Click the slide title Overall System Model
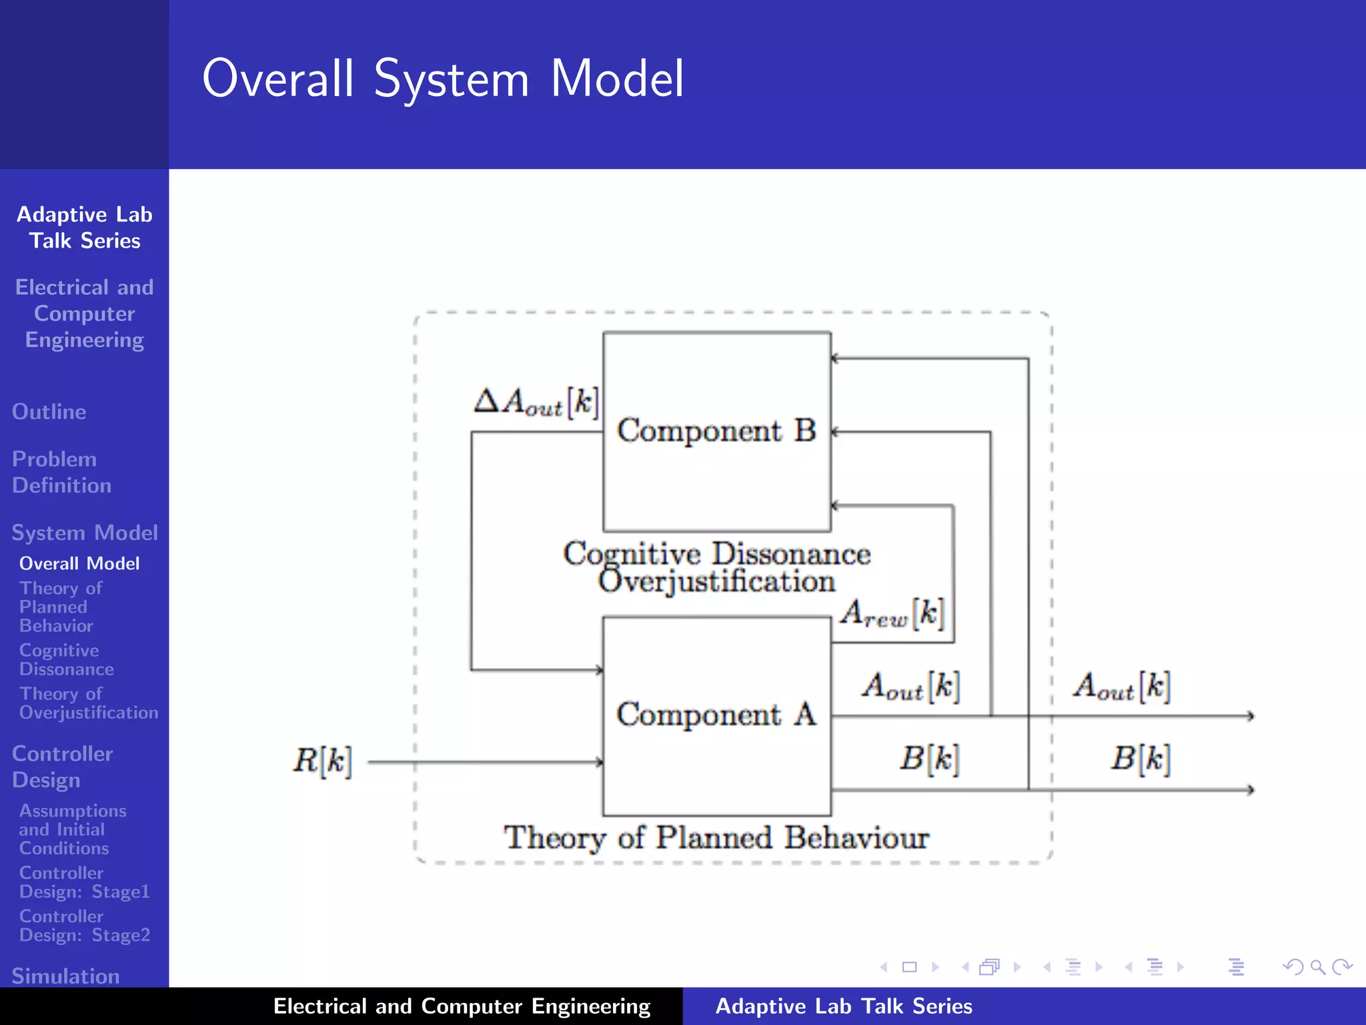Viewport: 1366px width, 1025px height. [x=443, y=79]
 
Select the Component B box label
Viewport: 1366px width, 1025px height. [x=716, y=430]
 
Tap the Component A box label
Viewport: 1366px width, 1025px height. [x=716, y=715]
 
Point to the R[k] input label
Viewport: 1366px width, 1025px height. [x=322, y=761]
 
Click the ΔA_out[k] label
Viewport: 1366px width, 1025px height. [x=536, y=402]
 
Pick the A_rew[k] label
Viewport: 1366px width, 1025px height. [x=892, y=613]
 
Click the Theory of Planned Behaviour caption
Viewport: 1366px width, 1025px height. [x=716, y=838]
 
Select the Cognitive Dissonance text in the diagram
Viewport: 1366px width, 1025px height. [x=716, y=554]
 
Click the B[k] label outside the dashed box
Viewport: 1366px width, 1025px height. [x=1140, y=759]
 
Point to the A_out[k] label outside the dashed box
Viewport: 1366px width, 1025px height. [x=1122, y=687]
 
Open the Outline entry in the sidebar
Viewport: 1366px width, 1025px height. [x=49, y=412]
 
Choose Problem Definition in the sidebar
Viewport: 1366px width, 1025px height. [x=61, y=472]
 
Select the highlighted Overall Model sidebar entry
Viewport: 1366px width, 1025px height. [x=79, y=563]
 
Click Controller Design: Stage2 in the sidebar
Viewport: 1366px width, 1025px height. [x=84, y=926]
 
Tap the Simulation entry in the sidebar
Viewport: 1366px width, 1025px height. [x=65, y=976]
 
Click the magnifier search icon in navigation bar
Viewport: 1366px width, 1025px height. [x=1317, y=967]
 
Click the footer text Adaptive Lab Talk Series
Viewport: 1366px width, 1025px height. [x=844, y=1006]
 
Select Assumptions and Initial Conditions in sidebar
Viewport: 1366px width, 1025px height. [x=72, y=829]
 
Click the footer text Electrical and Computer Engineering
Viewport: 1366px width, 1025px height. [x=462, y=1006]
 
